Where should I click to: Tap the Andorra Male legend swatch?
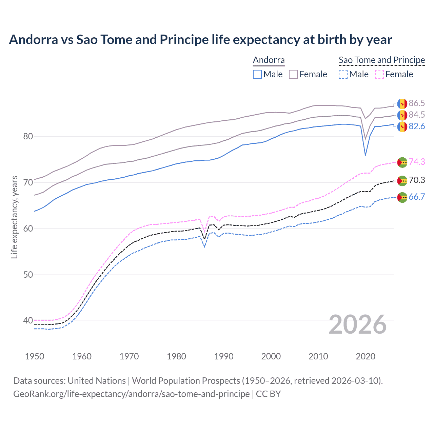[x=257, y=74]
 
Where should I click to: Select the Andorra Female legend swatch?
[x=293, y=74]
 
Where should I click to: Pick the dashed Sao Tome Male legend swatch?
[x=343, y=74]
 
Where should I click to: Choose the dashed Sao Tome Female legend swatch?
[x=379, y=74]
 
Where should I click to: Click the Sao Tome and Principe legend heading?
[x=382, y=60]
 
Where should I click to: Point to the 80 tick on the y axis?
[x=28, y=136]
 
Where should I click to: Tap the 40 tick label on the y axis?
[x=28, y=320]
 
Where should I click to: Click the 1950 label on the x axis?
[x=35, y=356]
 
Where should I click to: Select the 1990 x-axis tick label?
[x=224, y=356]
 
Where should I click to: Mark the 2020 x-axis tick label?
[x=366, y=356]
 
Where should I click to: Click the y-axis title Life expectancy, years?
[x=14, y=217]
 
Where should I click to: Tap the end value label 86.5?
[x=417, y=103]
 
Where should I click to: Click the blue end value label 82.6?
[x=417, y=126]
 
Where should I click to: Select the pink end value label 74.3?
[x=417, y=162]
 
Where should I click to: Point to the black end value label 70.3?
[x=417, y=180]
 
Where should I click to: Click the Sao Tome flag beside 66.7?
[x=402, y=197]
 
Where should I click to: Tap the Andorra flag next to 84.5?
[x=402, y=115]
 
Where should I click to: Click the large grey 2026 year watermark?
[x=357, y=325]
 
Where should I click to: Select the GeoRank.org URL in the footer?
[x=131, y=394]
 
